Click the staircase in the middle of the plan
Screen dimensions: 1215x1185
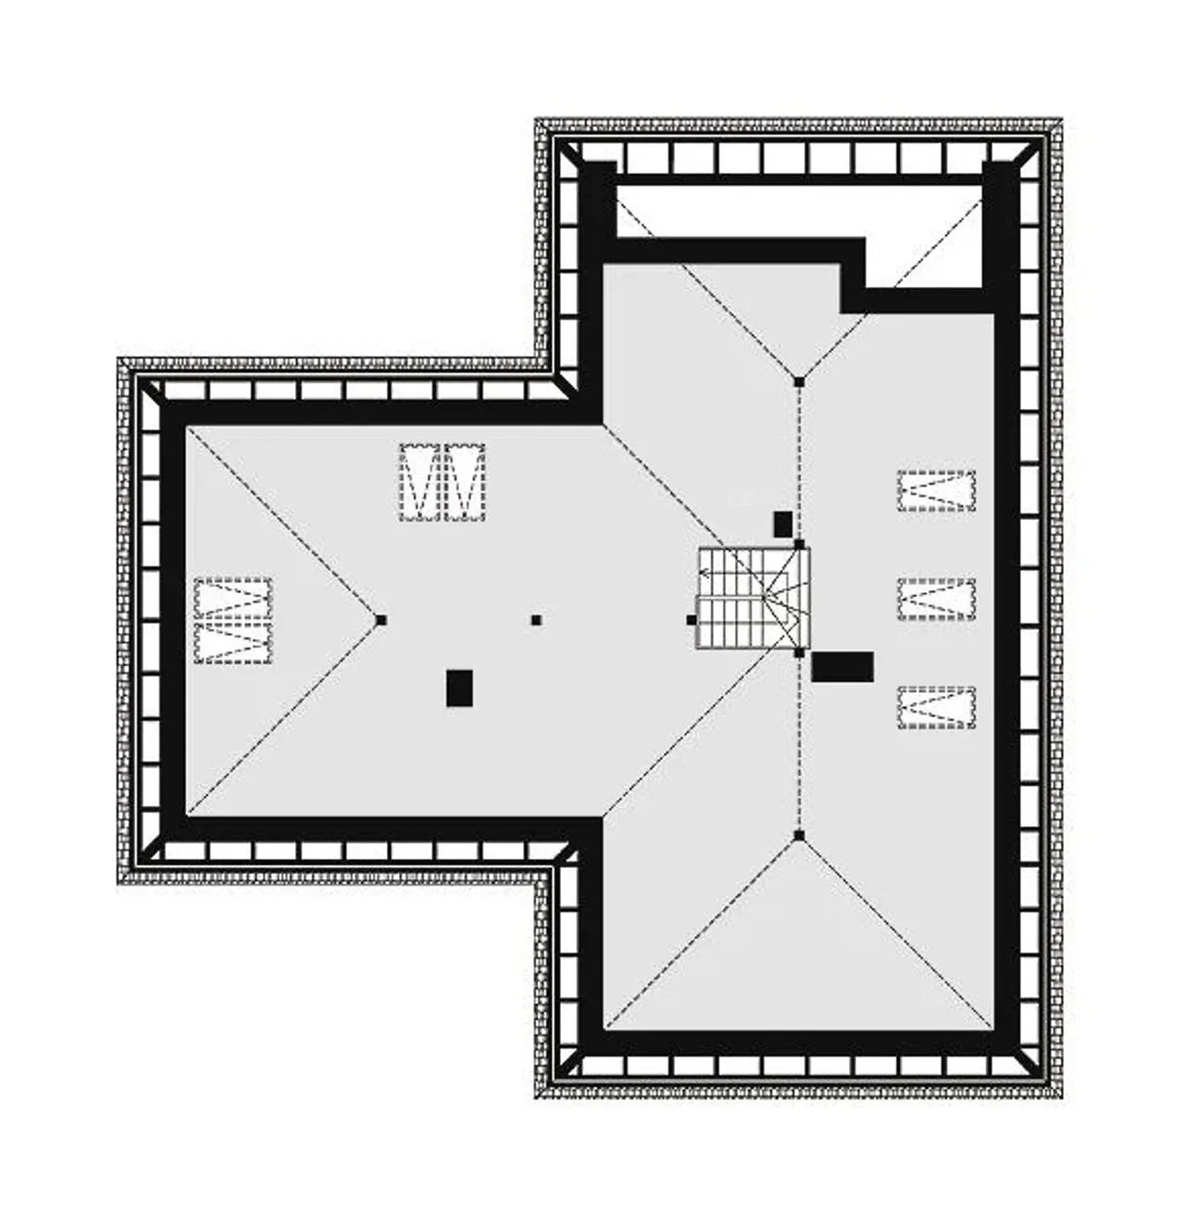(x=753, y=598)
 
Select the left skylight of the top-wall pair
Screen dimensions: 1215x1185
(x=419, y=482)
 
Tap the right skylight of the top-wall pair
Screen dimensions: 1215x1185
(x=465, y=482)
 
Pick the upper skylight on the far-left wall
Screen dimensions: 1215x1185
(x=233, y=598)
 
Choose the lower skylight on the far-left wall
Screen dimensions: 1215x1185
(x=233, y=642)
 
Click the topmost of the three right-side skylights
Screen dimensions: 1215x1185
(x=936, y=490)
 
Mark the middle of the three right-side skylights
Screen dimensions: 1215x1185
(x=936, y=598)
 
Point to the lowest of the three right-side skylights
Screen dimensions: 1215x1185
(x=936, y=707)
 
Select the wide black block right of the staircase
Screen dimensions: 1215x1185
(x=842, y=666)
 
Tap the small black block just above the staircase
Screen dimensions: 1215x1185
(x=782, y=524)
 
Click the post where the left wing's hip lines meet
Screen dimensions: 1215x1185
(x=381, y=620)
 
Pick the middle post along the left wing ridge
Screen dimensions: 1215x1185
(x=536, y=620)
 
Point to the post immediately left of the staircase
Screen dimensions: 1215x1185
(x=691, y=620)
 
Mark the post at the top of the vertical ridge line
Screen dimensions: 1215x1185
(x=799, y=380)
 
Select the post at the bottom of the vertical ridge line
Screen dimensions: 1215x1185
(x=799, y=836)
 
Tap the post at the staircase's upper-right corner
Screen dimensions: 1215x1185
(x=799, y=545)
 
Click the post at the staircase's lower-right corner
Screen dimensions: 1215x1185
(x=799, y=652)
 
